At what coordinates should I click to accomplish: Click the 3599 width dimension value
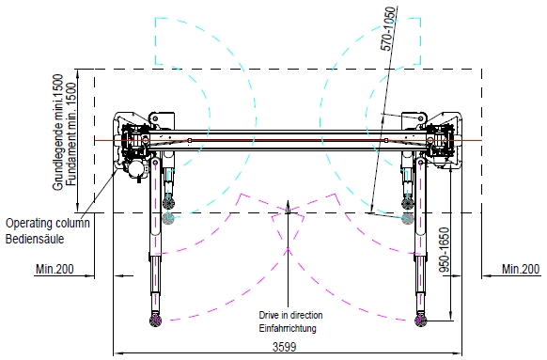[x=285, y=347]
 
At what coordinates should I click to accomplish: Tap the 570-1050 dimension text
[x=389, y=28]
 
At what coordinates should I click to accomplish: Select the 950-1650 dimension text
[x=445, y=250]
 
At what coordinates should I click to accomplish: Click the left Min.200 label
[x=55, y=269]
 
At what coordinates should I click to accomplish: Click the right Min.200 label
[x=521, y=269]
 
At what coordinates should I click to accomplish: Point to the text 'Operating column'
[x=48, y=223]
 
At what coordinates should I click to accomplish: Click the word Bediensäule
[x=35, y=239]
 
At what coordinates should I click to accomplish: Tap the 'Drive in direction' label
[x=290, y=315]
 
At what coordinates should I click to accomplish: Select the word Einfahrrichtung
[x=288, y=328]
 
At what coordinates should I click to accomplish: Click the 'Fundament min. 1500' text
[x=70, y=134]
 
